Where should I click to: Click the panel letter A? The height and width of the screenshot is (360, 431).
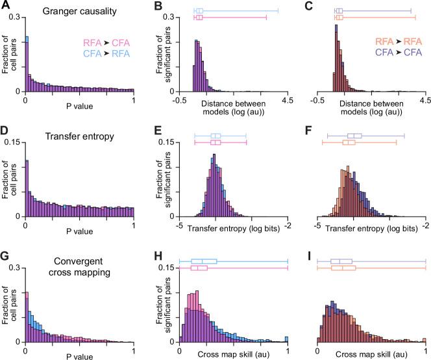point(5,5)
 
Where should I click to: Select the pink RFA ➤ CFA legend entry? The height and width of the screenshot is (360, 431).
point(106,42)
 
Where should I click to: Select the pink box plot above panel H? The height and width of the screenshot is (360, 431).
point(199,268)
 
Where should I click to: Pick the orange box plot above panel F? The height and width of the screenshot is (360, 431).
point(348,141)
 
